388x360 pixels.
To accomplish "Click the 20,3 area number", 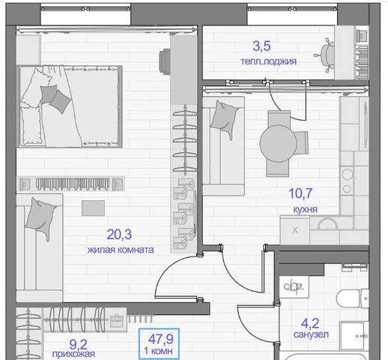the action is (119, 235).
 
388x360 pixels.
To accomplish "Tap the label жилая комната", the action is (121, 250).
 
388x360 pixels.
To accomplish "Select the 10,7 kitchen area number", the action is (300, 193).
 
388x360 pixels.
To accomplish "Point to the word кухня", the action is (305, 209).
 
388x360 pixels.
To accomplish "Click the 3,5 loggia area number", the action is (261, 46).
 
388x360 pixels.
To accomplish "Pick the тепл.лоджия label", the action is (268, 61).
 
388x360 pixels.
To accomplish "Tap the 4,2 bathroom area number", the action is (310, 324).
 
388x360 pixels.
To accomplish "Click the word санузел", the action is (311, 334).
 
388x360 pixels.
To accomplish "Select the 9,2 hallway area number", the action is (78, 345).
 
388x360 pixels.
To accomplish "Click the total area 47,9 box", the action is (159, 343).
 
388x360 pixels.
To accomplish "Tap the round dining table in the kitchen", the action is (278, 143).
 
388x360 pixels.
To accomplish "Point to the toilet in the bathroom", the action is (352, 298).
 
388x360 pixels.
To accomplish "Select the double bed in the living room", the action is (71, 106).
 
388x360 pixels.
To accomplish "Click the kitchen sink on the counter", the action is (327, 223).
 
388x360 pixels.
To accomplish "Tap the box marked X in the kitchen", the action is (295, 230).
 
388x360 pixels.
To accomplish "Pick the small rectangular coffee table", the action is (93, 208).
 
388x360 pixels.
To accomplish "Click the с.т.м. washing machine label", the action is (294, 287).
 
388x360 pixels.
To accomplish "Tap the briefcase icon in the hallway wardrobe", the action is (117, 321).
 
